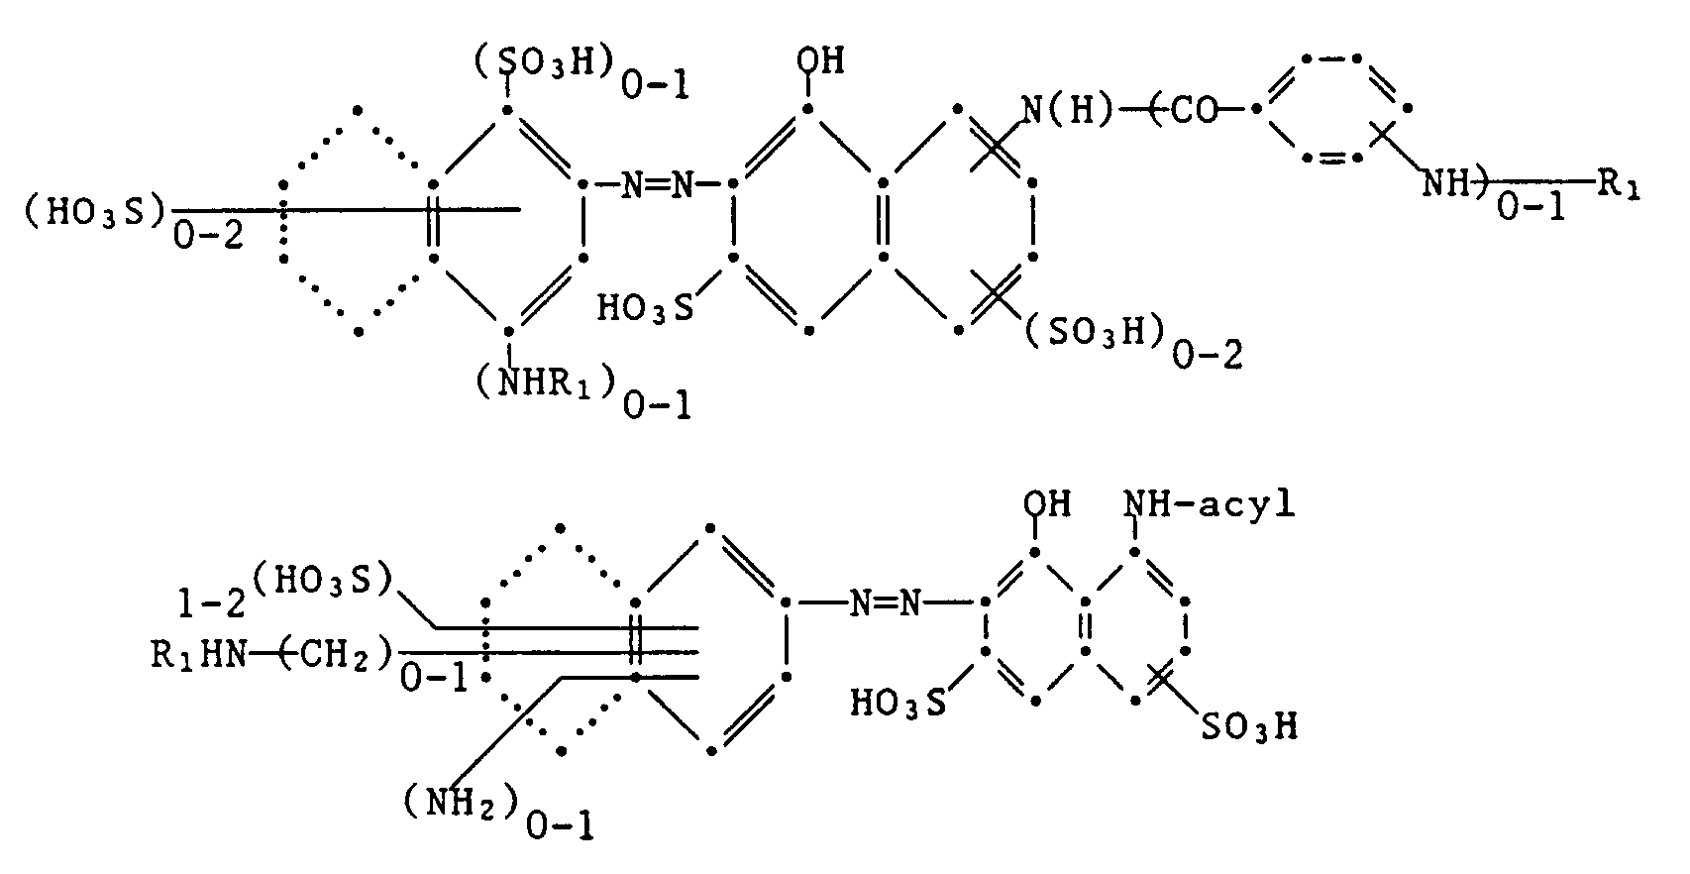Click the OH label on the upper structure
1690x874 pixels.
(x=819, y=61)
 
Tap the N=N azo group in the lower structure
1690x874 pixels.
(x=885, y=602)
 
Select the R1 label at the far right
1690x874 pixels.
(x=1617, y=184)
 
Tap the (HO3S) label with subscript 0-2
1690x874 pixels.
(x=95, y=210)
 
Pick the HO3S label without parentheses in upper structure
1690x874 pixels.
(x=645, y=307)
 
